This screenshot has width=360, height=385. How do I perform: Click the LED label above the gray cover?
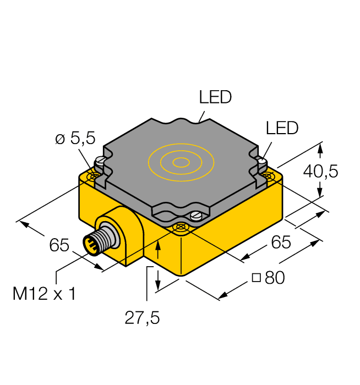tap(215, 98)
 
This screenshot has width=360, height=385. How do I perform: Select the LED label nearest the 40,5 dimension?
tap(281, 128)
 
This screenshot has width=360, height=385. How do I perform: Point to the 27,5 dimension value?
tap(141, 318)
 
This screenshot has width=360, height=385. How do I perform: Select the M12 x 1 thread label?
tap(44, 294)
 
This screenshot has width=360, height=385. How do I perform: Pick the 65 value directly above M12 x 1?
tap(59, 245)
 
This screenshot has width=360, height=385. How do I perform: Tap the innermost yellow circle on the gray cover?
tap(180, 162)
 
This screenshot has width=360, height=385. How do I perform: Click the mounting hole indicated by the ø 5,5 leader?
tap(93, 177)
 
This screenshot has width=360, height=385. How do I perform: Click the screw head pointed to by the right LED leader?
tap(262, 163)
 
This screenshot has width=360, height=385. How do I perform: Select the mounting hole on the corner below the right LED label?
tap(268, 175)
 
